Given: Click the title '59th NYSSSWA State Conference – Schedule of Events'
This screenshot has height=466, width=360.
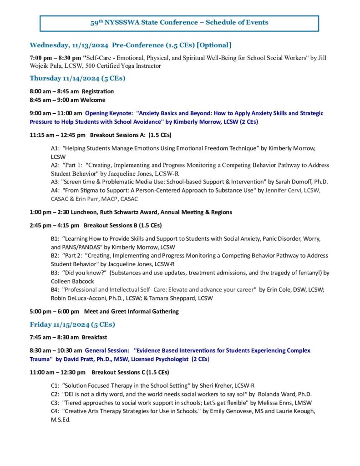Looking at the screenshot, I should click(x=179, y=22).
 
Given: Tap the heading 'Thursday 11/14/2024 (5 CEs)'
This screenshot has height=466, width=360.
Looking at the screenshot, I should click(x=77, y=78).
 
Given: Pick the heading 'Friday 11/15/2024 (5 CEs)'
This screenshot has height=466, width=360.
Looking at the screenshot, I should click(x=72, y=324).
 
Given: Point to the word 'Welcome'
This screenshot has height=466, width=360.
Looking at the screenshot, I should click(x=93, y=100).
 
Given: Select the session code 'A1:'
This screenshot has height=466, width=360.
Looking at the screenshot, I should click(x=55, y=148).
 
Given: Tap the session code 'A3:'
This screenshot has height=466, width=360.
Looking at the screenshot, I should click(x=55, y=182).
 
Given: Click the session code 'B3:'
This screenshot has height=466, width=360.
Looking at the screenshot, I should click(x=55, y=273).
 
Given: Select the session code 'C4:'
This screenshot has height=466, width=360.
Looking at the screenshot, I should click(x=55, y=411).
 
